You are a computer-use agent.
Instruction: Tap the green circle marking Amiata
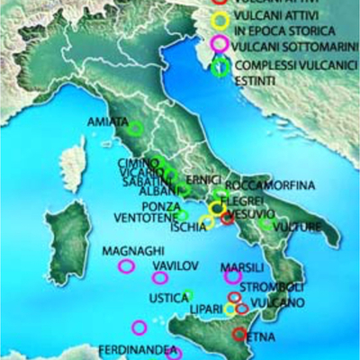tap(135, 129)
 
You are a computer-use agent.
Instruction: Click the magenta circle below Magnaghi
tap(126, 265)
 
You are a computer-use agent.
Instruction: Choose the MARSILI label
tap(242, 266)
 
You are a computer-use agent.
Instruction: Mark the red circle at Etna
tap(239, 334)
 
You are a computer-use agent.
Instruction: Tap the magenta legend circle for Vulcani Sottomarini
tap(218, 42)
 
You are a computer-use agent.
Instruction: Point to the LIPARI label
tap(207, 309)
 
